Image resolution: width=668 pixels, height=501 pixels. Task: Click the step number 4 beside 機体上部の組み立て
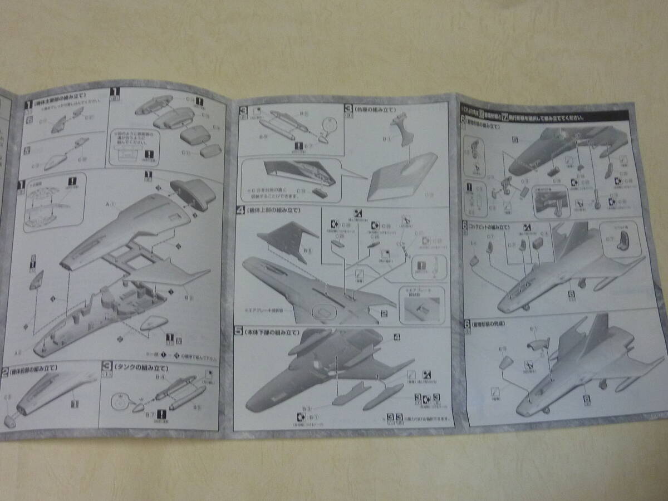[x=240, y=211]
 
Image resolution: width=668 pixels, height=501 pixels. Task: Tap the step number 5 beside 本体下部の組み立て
[x=239, y=332]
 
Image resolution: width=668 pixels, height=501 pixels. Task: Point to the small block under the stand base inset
[x=320, y=192]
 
